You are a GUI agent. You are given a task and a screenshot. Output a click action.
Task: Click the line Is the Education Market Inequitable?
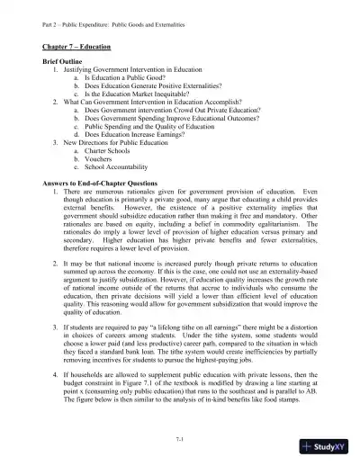(141, 94)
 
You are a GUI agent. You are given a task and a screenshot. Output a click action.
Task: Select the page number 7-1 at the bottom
(181, 435)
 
